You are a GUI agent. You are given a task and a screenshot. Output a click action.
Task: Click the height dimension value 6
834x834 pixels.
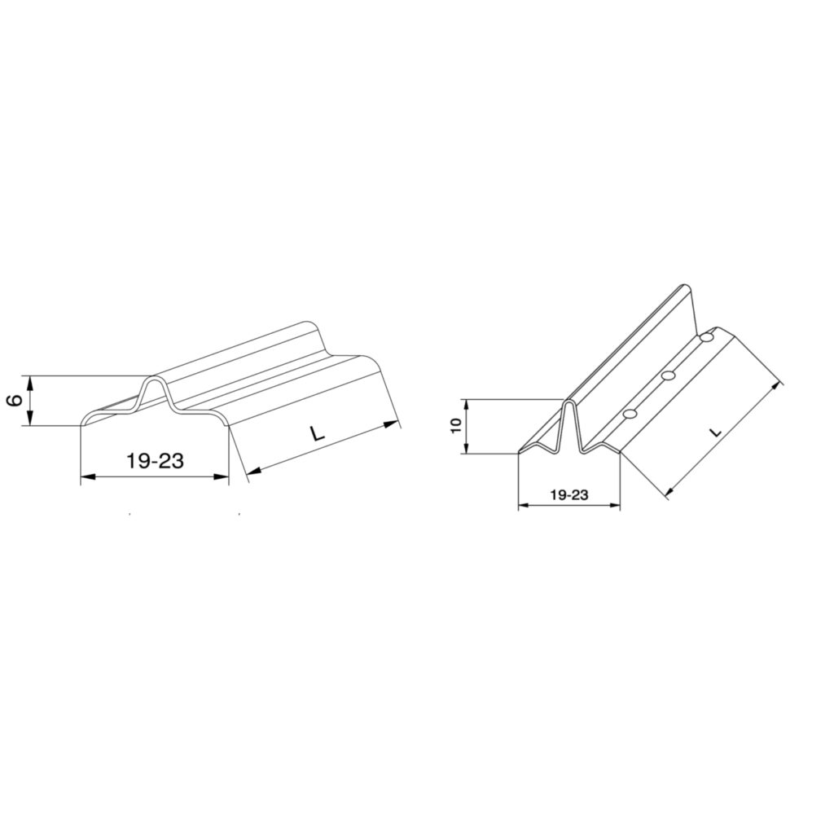[x=16, y=400]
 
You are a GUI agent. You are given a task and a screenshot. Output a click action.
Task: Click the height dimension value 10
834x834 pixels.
[x=454, y=425]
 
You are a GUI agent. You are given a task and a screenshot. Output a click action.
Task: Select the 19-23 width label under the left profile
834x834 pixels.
[x=156, y=461]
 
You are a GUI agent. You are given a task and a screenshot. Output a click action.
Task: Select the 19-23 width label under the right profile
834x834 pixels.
[x=569, y=494]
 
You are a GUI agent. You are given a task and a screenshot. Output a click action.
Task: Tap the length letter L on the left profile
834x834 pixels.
[x=317, y=434]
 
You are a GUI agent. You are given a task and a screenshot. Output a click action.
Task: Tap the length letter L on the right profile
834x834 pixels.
[x=717, y=432]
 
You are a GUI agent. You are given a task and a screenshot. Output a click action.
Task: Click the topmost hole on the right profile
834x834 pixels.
[x=707, y=337]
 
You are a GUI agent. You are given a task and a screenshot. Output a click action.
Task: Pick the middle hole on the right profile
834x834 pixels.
[x=669, y=376]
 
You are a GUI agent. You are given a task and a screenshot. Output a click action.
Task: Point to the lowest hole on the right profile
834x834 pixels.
[x=630, y=414]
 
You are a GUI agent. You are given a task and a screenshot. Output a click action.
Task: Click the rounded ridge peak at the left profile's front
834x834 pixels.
[x=155, y=377]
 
